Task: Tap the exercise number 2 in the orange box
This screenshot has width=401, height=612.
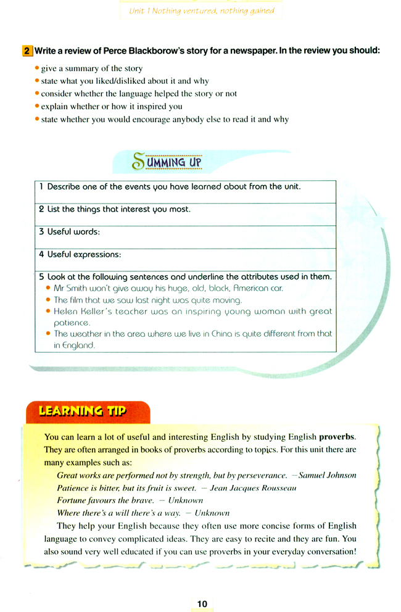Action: [27, 52]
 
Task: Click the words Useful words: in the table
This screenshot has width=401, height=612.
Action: [69, 232]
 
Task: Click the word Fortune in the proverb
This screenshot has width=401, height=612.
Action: [72, 500]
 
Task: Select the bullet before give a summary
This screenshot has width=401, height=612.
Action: [37, 68]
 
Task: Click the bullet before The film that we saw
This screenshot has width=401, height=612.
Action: [48, 300]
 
